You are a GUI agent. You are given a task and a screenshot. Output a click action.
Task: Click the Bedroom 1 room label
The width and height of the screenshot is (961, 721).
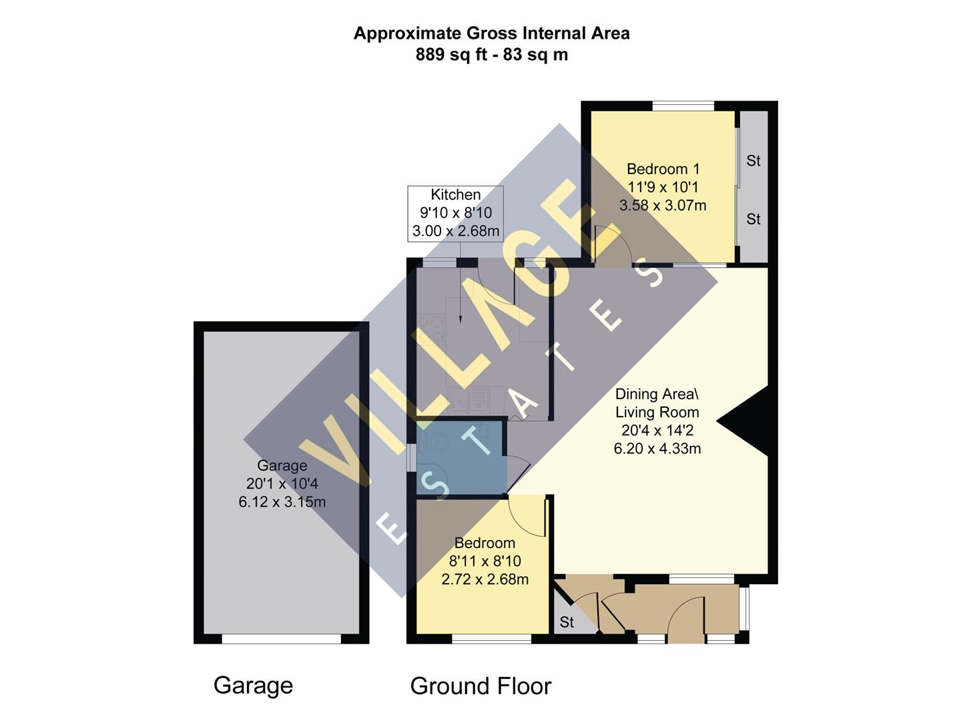pyautogui.click(x=663, y=169)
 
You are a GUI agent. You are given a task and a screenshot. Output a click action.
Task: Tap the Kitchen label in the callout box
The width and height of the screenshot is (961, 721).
pyautogui.click(x=456, y=195)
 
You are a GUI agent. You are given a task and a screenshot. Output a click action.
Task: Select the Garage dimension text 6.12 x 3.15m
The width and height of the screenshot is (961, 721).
pyautogui.click(x=282, y=502)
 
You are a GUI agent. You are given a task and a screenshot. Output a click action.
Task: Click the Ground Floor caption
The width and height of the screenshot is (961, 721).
pyautogui.click(x=480, y=686)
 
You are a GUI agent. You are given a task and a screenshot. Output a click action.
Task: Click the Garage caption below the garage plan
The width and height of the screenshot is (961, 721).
pyautogui.click(x=253, y=686)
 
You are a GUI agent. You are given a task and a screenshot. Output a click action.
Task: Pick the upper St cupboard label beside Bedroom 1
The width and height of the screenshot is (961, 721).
pyautogui.click(x=753, y=161)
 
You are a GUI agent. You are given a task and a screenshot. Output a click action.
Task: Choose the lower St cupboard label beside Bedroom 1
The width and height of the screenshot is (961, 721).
pyautogui.click(x=753, y=219)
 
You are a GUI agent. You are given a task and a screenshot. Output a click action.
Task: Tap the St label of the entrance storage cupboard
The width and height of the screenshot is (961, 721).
pyautogui.click(x=567, y=622)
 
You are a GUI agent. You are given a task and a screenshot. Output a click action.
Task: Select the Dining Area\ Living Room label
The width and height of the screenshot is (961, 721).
pyautogui.click(x=657, y=403)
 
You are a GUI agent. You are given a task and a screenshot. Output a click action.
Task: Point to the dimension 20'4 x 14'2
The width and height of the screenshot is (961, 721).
pyautogui.click(x=657, y=431)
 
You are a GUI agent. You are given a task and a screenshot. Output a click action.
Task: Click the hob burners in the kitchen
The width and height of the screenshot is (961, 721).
pyautogui.click(x=430, y=327)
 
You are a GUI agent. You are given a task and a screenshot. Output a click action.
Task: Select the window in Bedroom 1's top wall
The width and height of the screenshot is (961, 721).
pyautogui.click(x=683, y=105)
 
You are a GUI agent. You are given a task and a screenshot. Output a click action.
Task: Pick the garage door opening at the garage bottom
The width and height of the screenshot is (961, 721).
pyautogui.click(x=281, y=639)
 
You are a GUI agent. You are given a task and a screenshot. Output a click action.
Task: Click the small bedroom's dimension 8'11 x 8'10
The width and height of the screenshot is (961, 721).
pyautogui.click(x=485, y=561)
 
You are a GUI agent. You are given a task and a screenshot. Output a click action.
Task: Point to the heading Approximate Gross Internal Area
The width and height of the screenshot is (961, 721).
pyautogui.click(x=491, y=33)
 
